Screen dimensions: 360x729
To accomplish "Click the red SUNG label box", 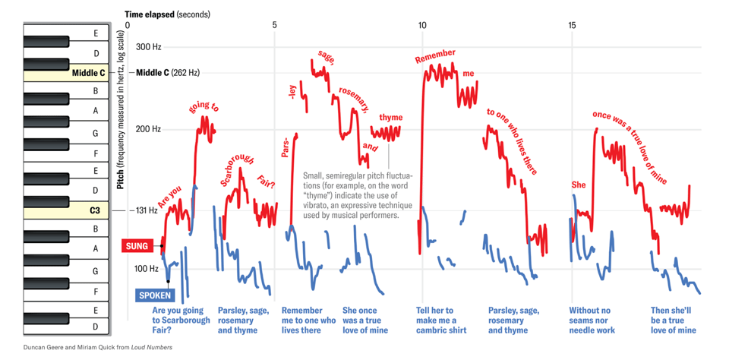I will (137, 245).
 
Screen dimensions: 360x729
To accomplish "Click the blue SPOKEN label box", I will (155, 295).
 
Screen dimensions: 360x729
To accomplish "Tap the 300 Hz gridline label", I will (148, 47).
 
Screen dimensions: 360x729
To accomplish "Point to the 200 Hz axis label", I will (148, 129).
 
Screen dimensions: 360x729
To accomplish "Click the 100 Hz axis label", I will (147, 268).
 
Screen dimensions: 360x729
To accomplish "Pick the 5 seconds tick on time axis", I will (275, 26).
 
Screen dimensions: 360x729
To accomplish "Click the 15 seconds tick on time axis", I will (572, 26).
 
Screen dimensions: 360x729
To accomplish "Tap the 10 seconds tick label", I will (422, 26).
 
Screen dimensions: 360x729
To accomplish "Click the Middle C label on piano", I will (89, 73).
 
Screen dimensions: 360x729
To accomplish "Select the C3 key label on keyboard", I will (95, 210).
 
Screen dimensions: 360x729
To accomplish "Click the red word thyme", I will (391, 118).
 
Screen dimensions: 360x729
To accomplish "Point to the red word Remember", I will (435, 56).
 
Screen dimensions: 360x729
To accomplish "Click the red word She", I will (579, 185).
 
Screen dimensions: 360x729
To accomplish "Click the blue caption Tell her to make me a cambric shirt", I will (441, 320).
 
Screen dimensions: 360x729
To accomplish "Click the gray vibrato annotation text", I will (357, 194).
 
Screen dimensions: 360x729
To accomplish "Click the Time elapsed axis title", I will (167, 14).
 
